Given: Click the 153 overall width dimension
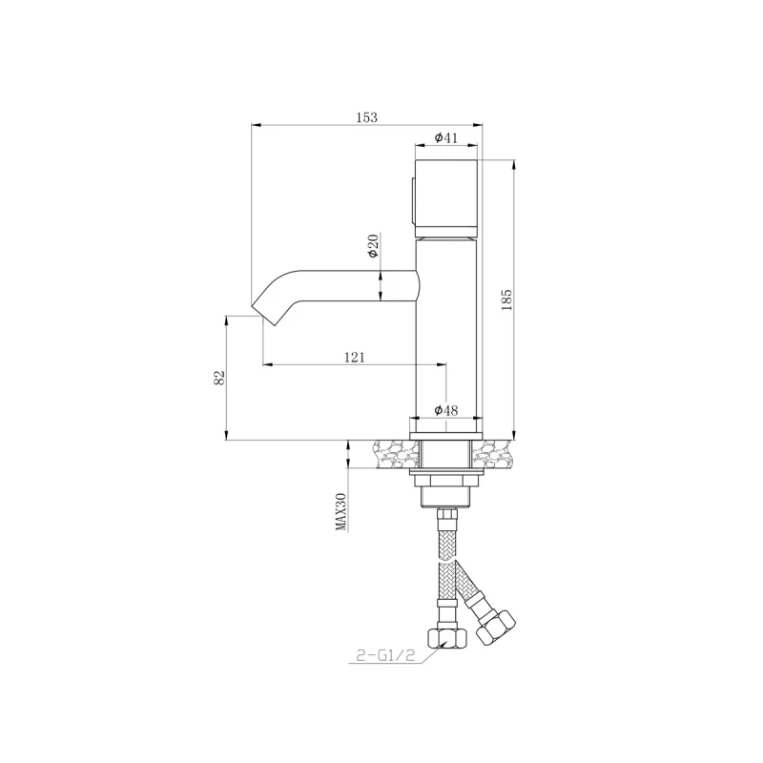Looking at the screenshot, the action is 367,117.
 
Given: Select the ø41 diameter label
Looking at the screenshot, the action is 445,137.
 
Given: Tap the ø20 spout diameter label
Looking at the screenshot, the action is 373,246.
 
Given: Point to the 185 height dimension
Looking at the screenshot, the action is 506,299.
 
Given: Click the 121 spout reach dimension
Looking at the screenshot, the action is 354,357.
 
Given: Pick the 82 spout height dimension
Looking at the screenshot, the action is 219,378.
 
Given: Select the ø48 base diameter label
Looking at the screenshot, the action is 445,411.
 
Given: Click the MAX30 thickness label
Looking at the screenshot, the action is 341,511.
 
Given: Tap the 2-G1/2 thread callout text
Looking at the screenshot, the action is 385,656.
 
